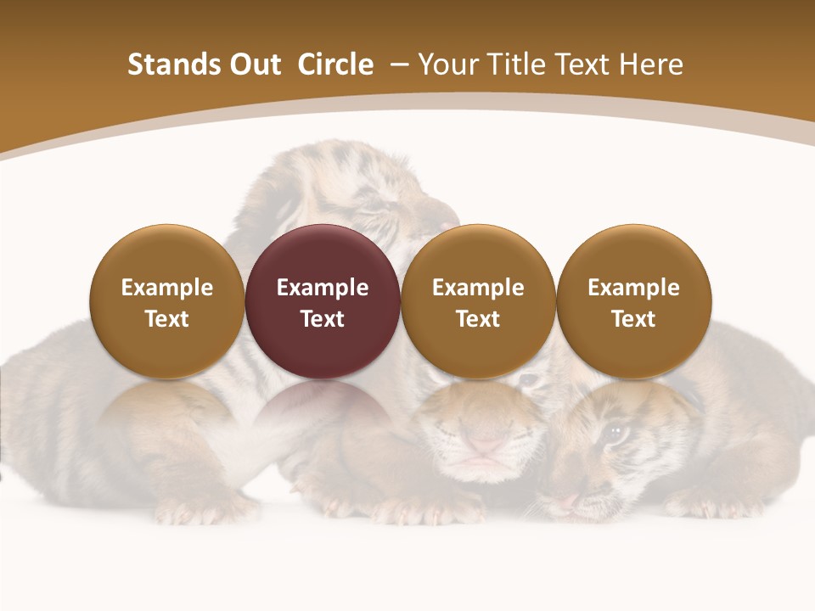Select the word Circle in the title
click(335, 64)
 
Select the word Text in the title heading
click(584, 64)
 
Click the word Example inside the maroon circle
click(323, 288)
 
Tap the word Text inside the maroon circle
click(323, 319)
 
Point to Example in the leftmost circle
click(166, 288)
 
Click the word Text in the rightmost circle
click(633, 319)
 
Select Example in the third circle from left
click(478, 288)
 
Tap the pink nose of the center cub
click(485, 443)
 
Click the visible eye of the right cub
click(615, 433)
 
